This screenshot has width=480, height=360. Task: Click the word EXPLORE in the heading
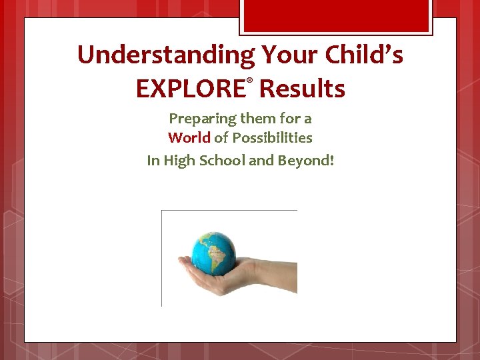pos(190,89)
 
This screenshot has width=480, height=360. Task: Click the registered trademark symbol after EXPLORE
pos(250,80)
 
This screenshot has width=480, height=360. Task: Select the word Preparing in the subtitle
pos(198,119)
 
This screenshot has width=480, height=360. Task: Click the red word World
pos(189,138)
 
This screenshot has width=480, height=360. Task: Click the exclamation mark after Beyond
pos(331,160)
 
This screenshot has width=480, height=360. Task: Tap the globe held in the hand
pos(213,251)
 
